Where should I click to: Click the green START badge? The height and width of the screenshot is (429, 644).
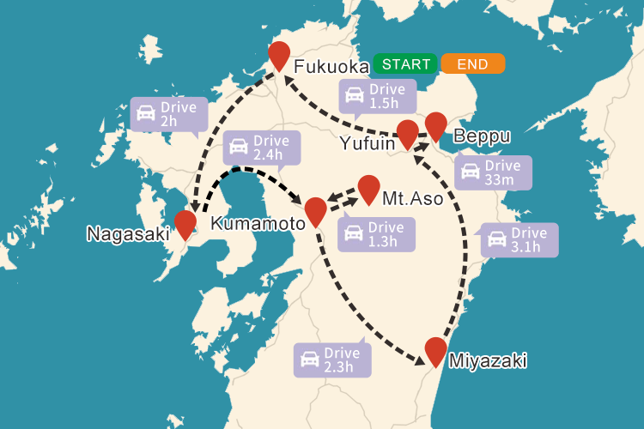click(x=406, y=64)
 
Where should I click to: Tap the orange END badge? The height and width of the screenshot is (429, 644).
click(x=472, y=64)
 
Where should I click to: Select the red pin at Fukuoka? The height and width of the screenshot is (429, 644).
click(x=279, y=55)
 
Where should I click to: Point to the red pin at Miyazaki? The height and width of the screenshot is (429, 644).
click(x=436, y=351)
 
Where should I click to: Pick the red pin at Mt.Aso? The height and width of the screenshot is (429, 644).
click(x=368, y=189)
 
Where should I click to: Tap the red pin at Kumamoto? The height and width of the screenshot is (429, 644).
click(x=315, y=210)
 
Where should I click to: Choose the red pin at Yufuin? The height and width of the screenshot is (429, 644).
click(x=408, y=134)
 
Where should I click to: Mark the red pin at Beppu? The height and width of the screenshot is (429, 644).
click(x=436, y=125)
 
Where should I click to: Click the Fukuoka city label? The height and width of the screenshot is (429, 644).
click(x=331, y=68)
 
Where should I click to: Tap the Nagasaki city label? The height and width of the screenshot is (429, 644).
click(x=128, y=233)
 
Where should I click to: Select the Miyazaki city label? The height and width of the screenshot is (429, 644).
click(x=488, y=360)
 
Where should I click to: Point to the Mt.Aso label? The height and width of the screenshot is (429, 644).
click(x=413, y=199)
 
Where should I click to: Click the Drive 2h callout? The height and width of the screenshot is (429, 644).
click(x=169, y=115)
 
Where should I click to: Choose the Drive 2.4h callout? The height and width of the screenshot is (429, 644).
click(x=263, y=148)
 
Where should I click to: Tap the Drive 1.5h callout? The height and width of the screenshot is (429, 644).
click(x=378, y=96)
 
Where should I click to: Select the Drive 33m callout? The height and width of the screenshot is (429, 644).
click(x=493, y=172)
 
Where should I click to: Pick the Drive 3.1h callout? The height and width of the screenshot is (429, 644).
click(x=519, y=239)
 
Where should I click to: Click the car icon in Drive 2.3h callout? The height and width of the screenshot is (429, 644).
click(x=309, y=360)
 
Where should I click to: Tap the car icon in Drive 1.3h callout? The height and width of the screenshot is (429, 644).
click(x=353, y=233)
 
